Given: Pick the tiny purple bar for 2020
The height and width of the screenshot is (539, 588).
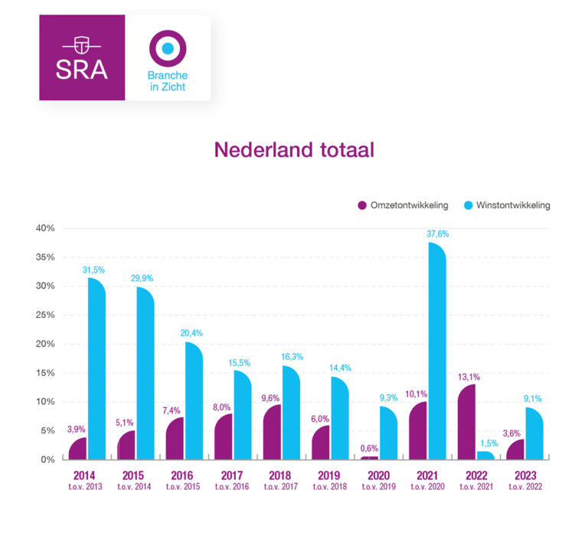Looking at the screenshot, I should click(369, 458).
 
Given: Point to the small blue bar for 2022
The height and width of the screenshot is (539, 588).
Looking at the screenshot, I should click(486, 456).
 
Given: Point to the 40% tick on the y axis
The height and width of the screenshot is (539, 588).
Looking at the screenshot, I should click(44, 228).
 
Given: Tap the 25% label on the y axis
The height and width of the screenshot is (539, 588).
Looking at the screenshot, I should click(44, 315).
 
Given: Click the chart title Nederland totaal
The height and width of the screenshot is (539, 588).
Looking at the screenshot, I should click(294, 149).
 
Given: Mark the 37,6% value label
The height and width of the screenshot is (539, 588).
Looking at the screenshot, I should click(436, 234).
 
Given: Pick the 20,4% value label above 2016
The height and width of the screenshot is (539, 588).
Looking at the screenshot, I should click(194, 334).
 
